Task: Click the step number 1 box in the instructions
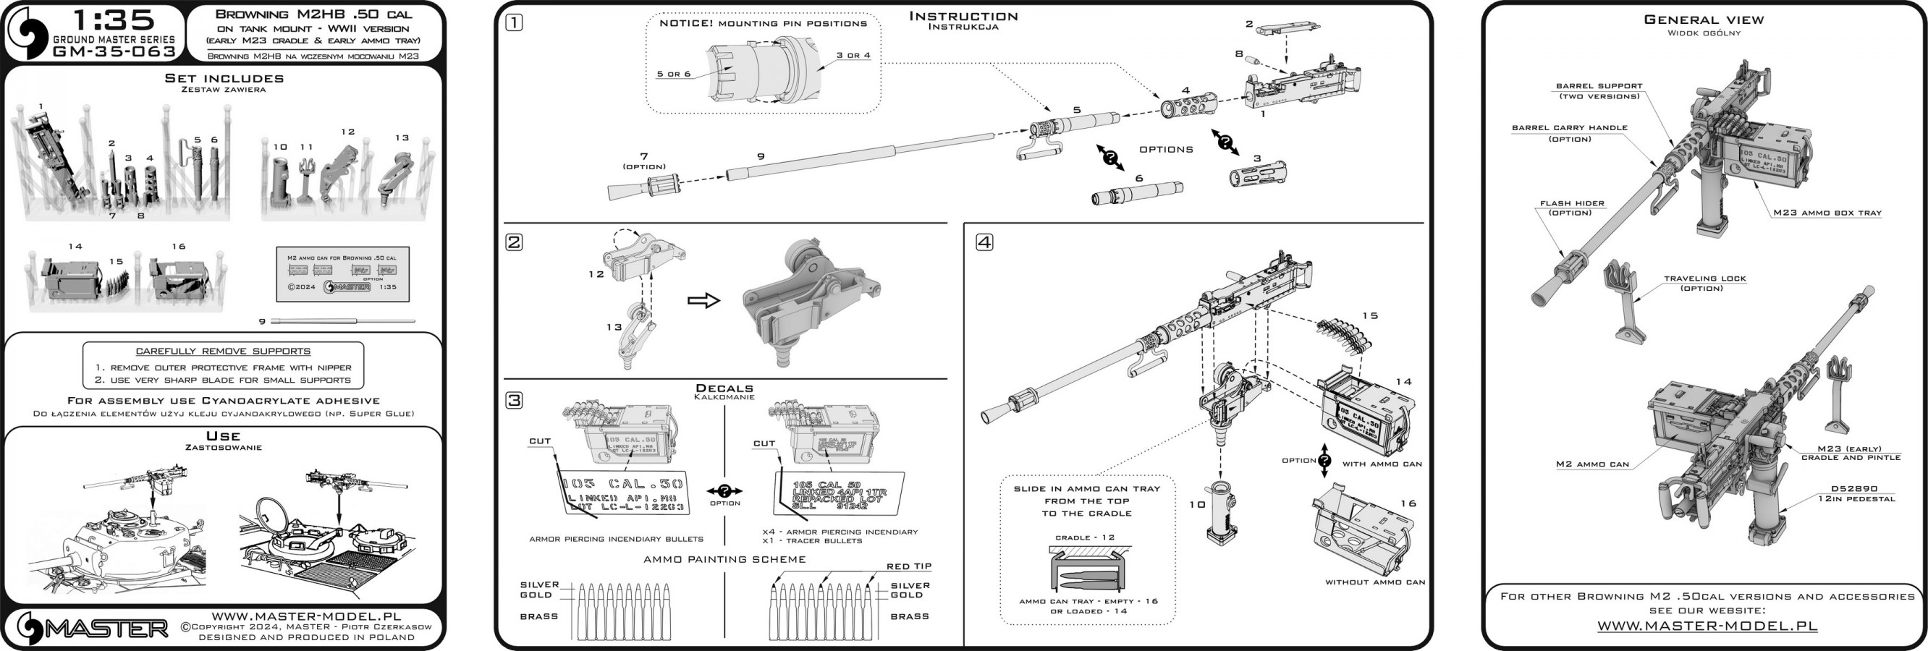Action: (x=514, y=23)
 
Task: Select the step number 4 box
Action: (x=984, y=242)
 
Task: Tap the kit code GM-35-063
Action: (x=114, y=51)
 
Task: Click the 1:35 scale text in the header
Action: (x=114, y=20)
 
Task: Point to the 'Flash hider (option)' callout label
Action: (x=1571, y=208)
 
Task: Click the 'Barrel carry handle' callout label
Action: (x=1570, y=132)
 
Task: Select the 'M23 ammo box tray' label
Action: (x=1827, y=213)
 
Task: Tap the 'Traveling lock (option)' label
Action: (x=1704, y=283)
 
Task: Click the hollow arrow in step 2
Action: (x=703, y=301)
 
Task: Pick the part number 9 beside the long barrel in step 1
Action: (x=761, y=156)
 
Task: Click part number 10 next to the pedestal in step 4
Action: (x=1197, y=504)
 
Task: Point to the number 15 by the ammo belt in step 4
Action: (x=1370, y=316)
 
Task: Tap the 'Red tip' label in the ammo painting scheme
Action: (x=908, y=566)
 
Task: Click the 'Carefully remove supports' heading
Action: (x=223, y=351)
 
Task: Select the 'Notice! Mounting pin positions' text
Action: (x=763, y=24)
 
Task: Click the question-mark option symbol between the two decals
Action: (x=724, y=492)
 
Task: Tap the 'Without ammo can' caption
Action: (x=1375, y=582)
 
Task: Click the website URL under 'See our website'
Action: (x=1707, y=626)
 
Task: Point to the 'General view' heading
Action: (x=1704, y=20)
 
